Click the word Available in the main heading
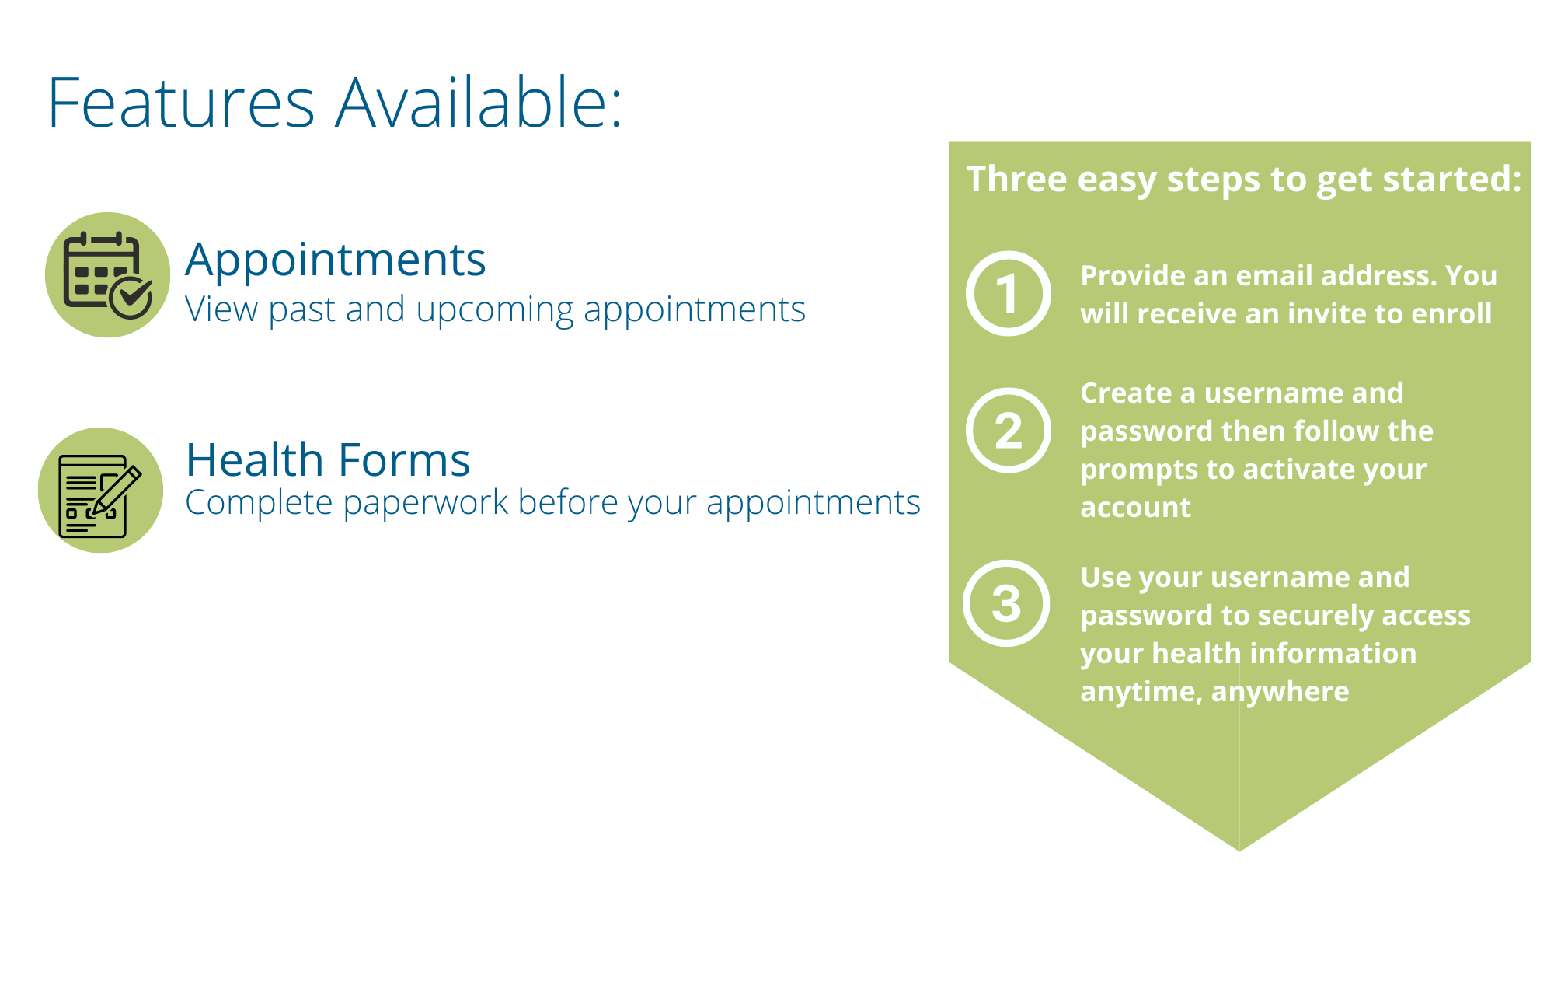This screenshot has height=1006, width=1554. pos(479,102)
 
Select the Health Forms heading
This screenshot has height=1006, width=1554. pos(328,459)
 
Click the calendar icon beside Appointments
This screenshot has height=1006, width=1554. pos(107,274)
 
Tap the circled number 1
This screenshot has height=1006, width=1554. pos(1009,293)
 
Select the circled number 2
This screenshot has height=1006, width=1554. pos(1009,430)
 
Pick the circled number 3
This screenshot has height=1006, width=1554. pos(1006,603)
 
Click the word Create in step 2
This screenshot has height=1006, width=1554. pos(1126,393)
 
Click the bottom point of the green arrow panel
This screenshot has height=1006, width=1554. pos(1239,851)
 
